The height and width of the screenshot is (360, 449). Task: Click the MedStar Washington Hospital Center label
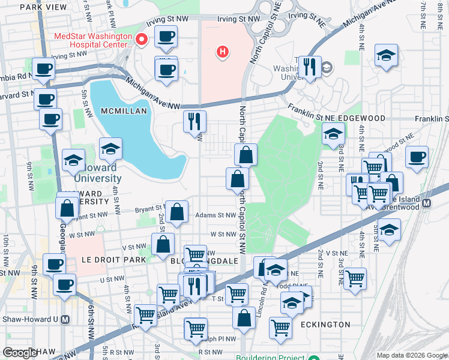[x=93, y=40]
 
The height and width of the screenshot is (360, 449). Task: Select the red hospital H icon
[x=223, y=52]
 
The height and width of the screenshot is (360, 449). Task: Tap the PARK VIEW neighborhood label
[x=43, y=7]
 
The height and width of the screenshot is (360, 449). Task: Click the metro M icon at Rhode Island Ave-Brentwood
[x=427, y=203]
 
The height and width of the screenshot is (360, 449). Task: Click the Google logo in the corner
[x=20, y=353]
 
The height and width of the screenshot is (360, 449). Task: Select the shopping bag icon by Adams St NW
[x=177, y=211]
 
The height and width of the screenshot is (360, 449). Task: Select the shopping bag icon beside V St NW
[x=163, y=244]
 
